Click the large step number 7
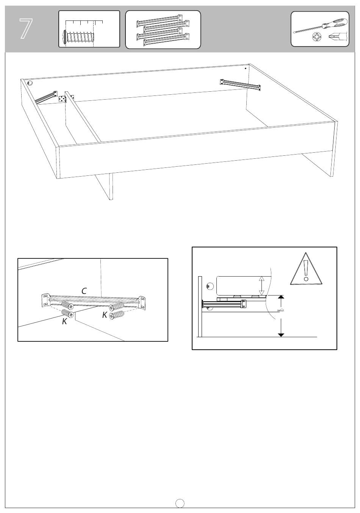(x=26, y=29)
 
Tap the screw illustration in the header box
(x=78, y=36)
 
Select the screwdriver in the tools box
(x=320, y=26)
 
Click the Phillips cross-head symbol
(x=317, y=37)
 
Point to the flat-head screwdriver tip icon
(x=338, y=36)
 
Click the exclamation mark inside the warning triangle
(x=306, y=271)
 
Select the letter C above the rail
(x=84, y=291)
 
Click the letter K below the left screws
(x=64, y=321)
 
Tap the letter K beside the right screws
(x=105, y=315)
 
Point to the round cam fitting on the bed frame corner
(x=30, y=83)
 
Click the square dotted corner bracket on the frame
(x=62, y=99)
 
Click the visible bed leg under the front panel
(x=105, y=186)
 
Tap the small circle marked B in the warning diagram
(x=210, y=286)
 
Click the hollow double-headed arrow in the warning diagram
(x=262, y=286)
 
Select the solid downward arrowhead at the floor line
(x=281, y=335)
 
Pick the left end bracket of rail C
(x=45, y=300)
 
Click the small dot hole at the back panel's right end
(x=246, y=68)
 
